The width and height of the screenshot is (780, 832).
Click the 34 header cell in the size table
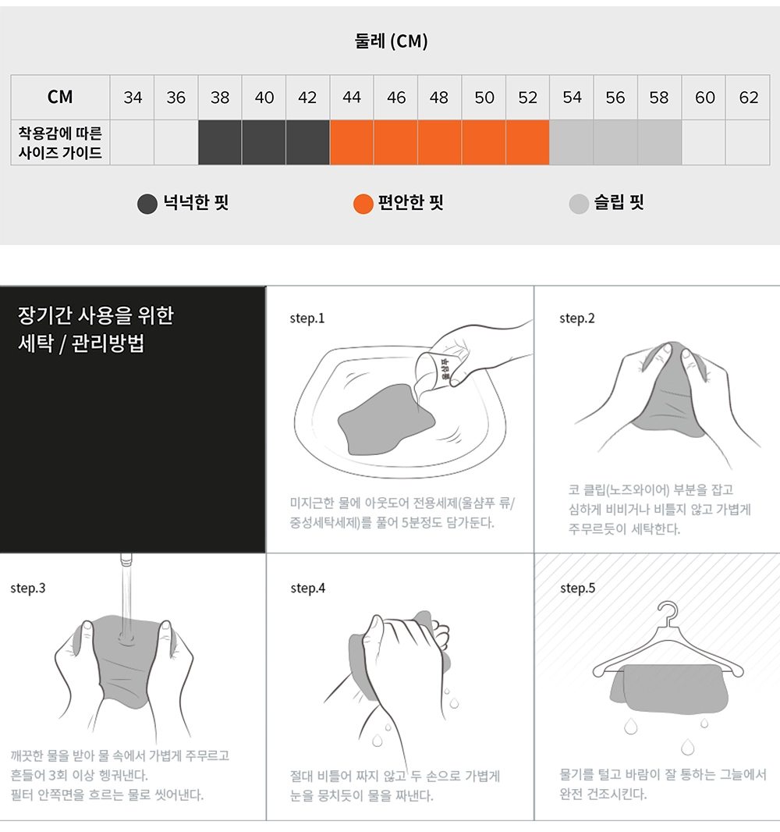pos(132,97)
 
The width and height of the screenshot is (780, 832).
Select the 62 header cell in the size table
pos(748,97)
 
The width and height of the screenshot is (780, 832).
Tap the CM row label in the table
pos(60,97)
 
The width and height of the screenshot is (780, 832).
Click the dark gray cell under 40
pos(264,142)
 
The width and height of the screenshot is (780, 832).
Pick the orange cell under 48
pos(440,142)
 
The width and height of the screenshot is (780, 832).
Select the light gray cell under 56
pos(615,142)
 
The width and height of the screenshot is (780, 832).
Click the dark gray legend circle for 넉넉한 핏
pos(147,204)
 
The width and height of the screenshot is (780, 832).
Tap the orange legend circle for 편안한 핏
pos(363,204)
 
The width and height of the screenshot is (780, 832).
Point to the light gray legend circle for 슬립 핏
pos(579,204)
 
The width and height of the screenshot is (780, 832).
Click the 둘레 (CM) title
pos(391,41)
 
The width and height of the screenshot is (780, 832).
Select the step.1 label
pos(307,318)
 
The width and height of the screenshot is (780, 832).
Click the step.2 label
pos(577,318)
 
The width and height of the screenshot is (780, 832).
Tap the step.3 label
pos(27,588)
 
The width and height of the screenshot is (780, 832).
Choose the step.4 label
pos(307,588)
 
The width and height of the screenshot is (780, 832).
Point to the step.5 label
pos(577,588)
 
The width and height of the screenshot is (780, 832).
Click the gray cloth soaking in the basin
pos(386,419)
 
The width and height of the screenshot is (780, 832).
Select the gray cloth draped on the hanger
pos(669,688)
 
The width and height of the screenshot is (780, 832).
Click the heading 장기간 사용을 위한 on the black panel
pos(96,315)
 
